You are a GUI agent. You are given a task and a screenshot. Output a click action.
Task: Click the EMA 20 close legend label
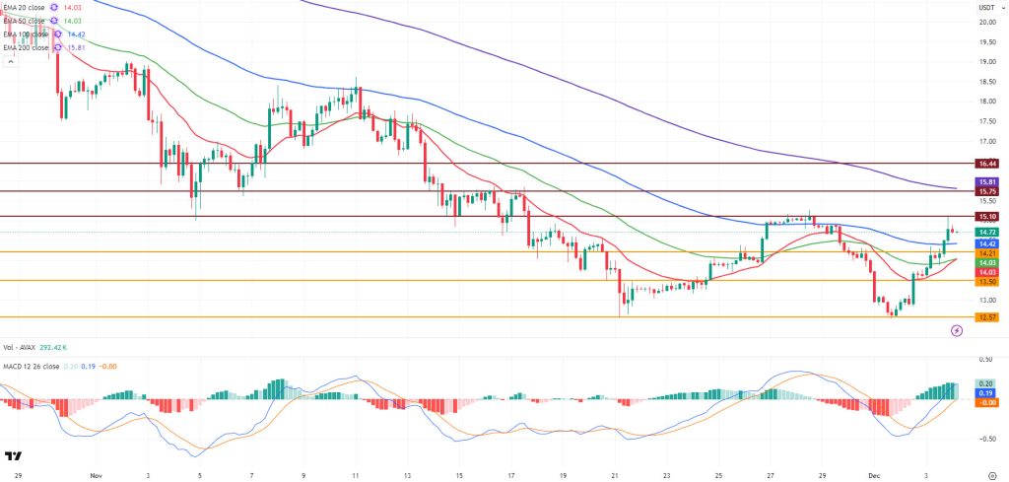click(24, 8)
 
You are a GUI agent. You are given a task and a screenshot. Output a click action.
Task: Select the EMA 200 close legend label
click(26, 46)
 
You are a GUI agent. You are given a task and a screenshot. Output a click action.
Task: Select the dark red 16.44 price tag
click(987, 163)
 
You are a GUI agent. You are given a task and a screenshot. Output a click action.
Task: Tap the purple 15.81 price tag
click(987, 182)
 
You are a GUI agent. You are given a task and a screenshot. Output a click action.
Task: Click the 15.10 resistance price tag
click(987, 216)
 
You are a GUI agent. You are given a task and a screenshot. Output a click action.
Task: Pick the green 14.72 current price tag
click(987, 232)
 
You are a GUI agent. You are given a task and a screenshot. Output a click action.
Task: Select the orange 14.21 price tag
click(987, 252)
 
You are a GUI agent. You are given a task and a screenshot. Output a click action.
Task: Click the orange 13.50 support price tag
click(987, 281)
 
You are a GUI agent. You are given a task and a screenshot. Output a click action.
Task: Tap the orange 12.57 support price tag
click(987, 317)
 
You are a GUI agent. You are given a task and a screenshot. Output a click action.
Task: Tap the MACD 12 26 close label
click(34, 365)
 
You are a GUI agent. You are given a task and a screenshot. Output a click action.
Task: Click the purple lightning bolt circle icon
click(956, 331)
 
